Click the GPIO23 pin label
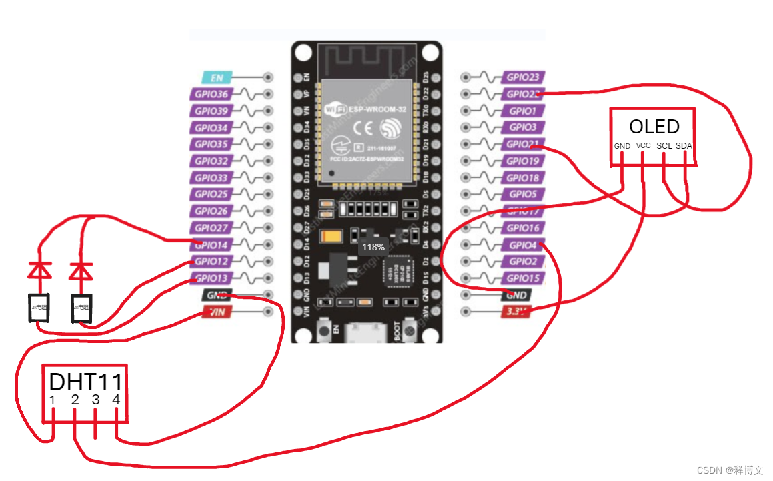[x=522, y=77]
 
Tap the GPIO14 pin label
[x=211, y=245]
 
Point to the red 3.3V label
[x=516, y=312]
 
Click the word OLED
[x=654, y=127]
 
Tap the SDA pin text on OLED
[x=684, y=145]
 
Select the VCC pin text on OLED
[x=644, y=145]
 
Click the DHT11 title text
[x=86, y=382]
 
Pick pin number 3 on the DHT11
[x=95, y=400]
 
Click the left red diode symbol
[x=40, y=270]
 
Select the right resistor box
[x=81, y=308]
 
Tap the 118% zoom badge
[x=373, y=247]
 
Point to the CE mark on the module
[x=361, y=128]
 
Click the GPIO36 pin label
[x=211, y=94]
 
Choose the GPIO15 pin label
[x=522, y=278]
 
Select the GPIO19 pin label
[x=522, y=161]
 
